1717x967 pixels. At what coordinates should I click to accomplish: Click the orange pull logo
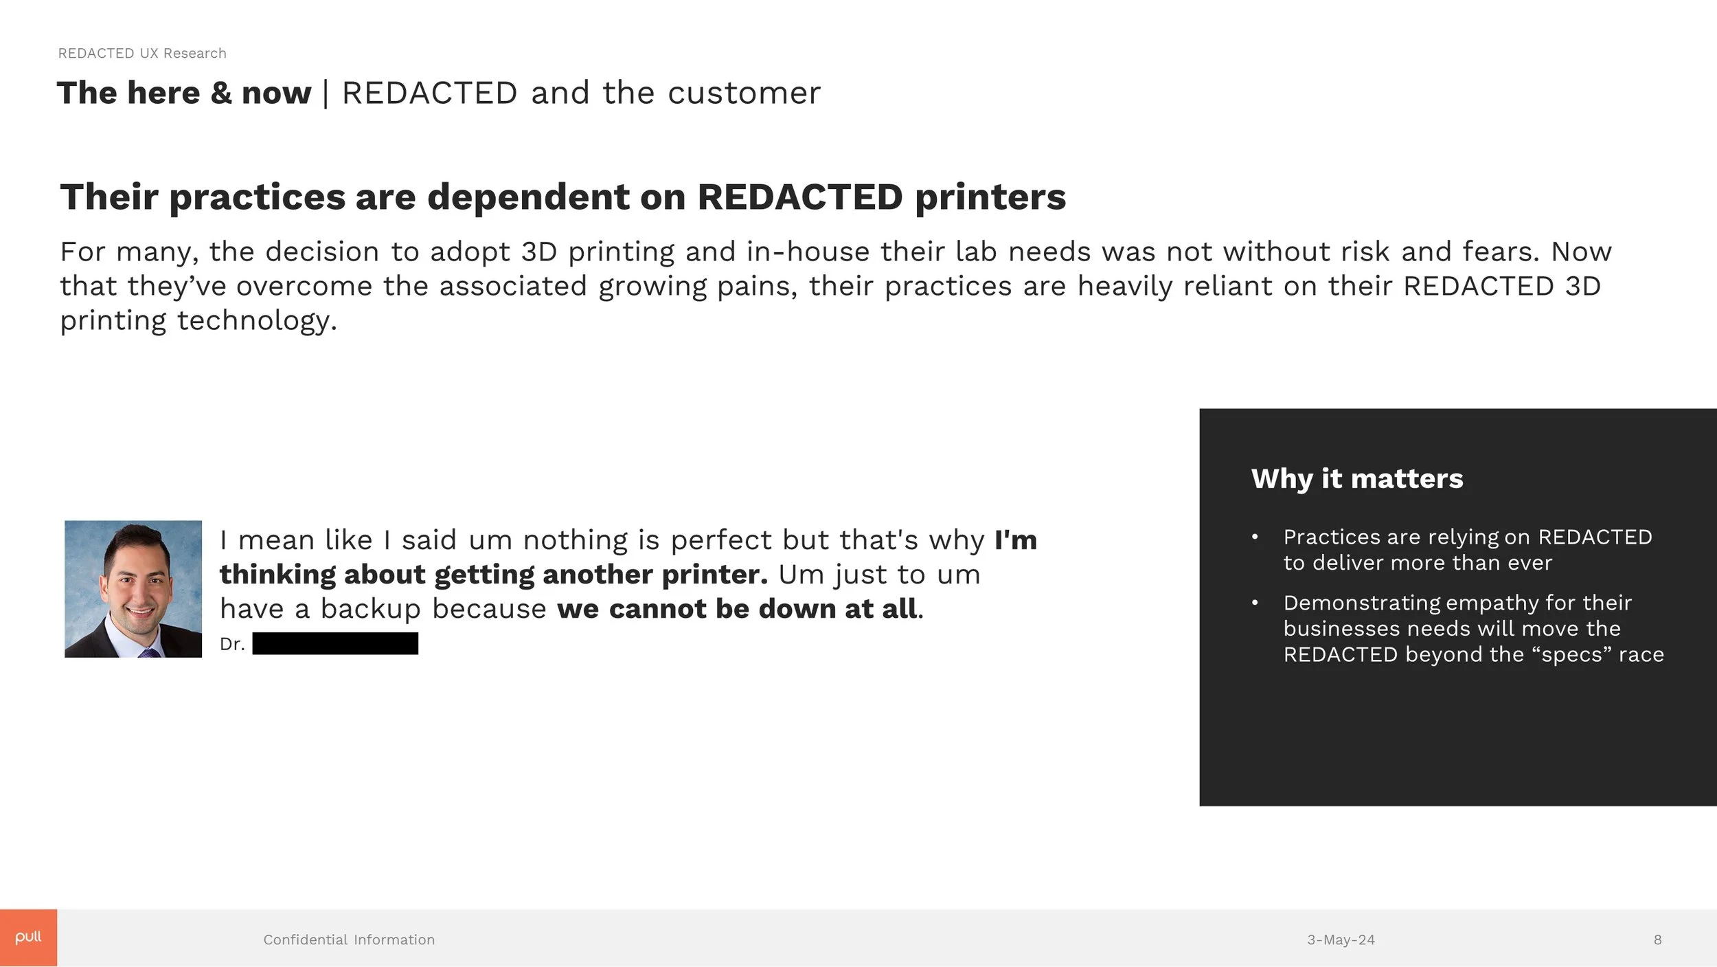click(x=28, y=937)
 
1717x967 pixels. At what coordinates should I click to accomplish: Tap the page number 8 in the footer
click(x=1657, y=940)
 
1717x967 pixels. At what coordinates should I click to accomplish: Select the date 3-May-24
click(x=1341, y=940)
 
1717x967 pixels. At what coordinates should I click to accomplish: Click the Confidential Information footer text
click(x=349, y=940)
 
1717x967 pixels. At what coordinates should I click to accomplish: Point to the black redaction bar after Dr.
click(x=335, y=643)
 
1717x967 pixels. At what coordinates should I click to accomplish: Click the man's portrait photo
click(x=133, y=588)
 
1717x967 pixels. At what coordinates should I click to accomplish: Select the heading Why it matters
click(x=1356, y=478)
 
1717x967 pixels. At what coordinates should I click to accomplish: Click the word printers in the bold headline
click(x=990, y=197)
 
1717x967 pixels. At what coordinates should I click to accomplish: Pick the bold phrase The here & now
click(x=184, y=93)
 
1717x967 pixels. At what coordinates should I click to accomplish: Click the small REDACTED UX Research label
click(x=142, y=54)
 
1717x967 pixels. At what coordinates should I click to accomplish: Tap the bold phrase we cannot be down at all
click(x=736, y=609)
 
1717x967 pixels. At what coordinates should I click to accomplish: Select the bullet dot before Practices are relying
click(x=1255, y=537)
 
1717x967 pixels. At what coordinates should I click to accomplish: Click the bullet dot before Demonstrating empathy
click(x=1255, y=603)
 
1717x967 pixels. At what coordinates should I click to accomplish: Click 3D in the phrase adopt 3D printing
click(x=538, y=252)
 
